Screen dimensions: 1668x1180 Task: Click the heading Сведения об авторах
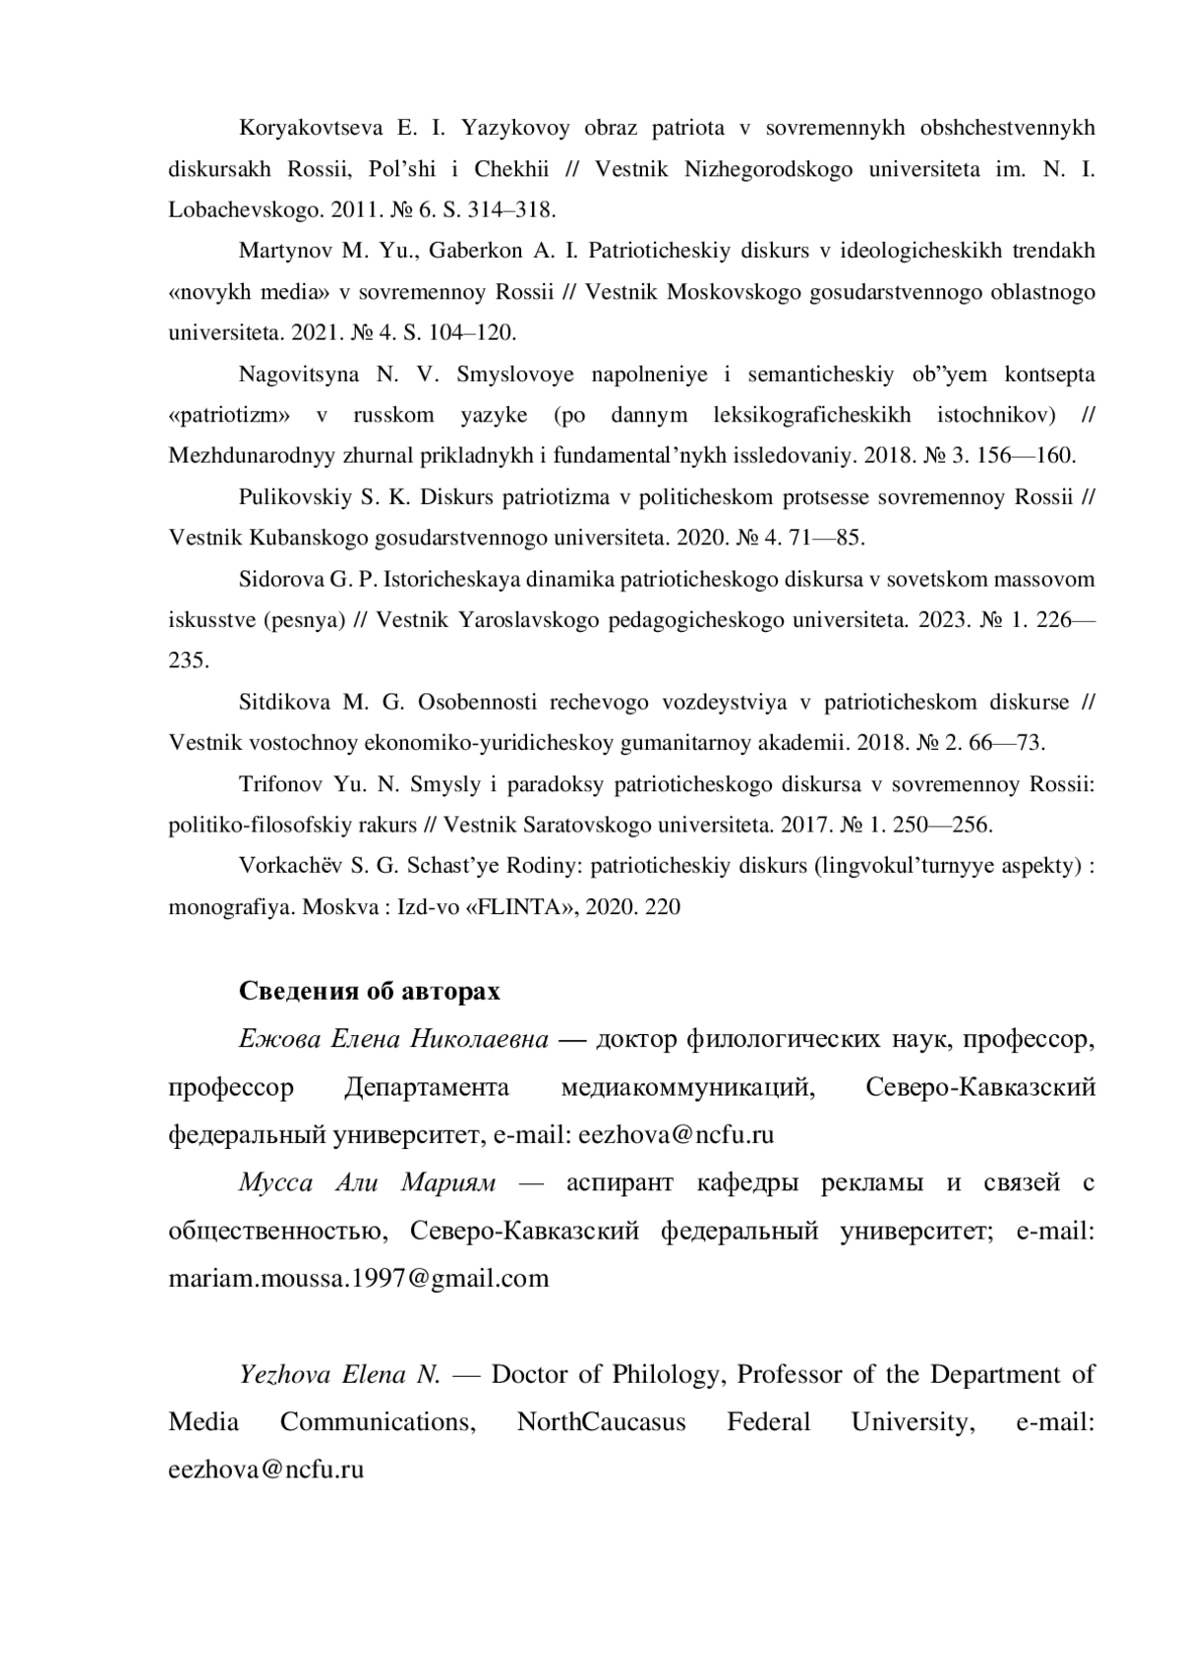click(369, 991)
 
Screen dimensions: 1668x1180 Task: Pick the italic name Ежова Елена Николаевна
click(393, 1039)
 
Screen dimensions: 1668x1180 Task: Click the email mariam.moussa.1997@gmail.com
click(359, 1278)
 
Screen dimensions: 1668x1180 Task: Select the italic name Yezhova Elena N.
click(339, 1374)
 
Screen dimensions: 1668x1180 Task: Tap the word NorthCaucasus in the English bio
click(602, 1422)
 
